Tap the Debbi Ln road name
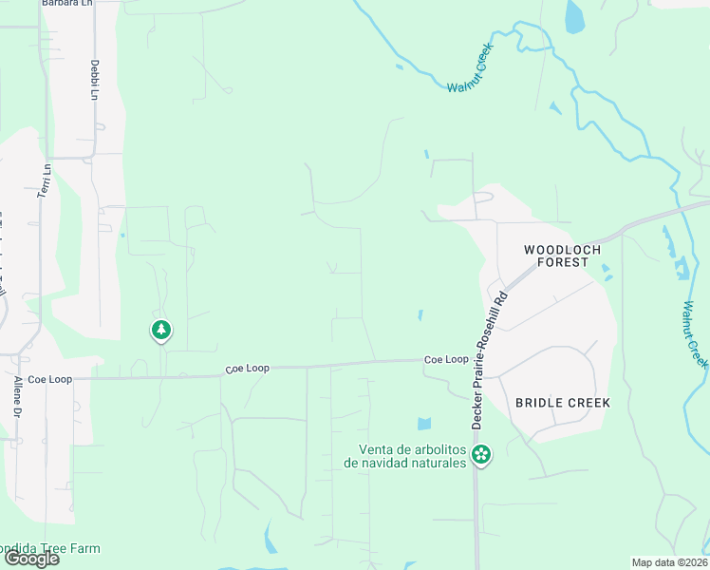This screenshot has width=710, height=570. click(94, 80)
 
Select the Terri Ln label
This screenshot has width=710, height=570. click(43, 180)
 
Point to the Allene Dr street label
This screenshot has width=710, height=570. click(17, 396)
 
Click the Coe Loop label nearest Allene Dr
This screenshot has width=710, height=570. click(49, 379)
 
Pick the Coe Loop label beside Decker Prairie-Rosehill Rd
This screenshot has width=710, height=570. click(446, 360)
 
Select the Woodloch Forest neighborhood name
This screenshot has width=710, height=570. click(563, 256)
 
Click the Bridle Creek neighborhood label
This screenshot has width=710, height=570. click(563, 403)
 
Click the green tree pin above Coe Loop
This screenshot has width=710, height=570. click(161, 330)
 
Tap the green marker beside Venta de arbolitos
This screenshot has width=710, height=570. click(482, 455)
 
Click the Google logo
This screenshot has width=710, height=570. click(31, 559)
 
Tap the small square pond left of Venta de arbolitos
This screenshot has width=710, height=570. click(423, 424)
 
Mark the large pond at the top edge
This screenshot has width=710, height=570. click(575, 15)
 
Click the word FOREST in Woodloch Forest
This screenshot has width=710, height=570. click(563, 262)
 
